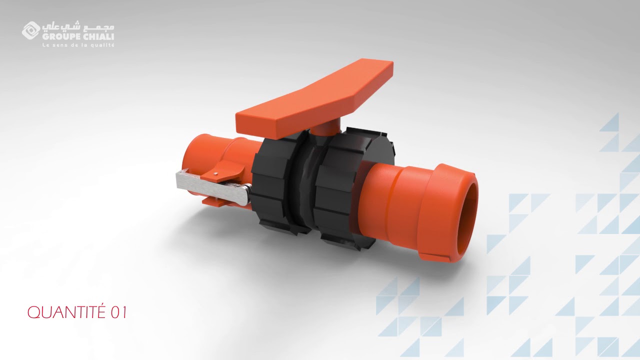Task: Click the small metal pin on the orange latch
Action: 216,172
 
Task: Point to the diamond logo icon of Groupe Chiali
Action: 31,30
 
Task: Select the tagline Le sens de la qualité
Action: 78,45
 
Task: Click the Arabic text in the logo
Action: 78,27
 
